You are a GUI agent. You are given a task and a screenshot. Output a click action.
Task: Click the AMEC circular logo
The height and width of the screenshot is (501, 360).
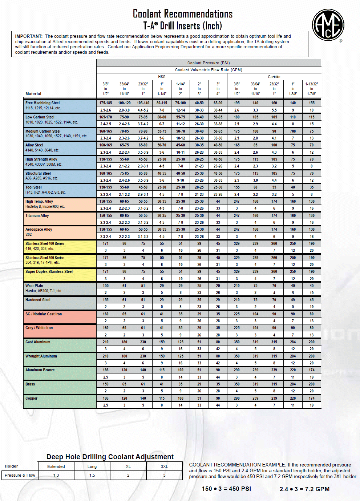point(328,25)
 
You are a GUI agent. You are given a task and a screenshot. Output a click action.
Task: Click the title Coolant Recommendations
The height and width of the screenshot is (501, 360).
point(182,14)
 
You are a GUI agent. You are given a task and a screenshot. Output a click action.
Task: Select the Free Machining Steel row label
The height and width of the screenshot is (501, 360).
point(43,103)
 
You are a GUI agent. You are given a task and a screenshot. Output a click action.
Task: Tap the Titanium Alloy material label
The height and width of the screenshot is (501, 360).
point(37,216)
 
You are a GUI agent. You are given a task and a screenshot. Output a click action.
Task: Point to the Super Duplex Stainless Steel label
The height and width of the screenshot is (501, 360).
point(49,272)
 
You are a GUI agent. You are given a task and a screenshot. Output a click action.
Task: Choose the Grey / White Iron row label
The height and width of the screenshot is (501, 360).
point(39,328)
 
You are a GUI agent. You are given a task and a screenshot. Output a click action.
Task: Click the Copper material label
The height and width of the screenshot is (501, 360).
point(31,399)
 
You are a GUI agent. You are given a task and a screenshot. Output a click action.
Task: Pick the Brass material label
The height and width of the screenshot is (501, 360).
point(30,384)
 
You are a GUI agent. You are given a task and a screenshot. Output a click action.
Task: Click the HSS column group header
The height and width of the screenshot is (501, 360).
point(162,77)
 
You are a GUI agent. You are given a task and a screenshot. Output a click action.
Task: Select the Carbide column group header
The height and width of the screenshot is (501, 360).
point(274,77)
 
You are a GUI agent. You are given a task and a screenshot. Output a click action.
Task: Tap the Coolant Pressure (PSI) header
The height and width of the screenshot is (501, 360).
point(209,63)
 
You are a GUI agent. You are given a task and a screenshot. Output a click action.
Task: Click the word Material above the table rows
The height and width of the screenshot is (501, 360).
point(33,94)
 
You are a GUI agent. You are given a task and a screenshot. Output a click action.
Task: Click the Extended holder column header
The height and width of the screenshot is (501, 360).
point(56,466)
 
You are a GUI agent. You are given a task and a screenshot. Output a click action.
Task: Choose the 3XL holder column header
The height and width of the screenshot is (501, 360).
point(164,466)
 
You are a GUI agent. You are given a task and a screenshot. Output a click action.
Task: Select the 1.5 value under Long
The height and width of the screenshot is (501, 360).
point(92,475)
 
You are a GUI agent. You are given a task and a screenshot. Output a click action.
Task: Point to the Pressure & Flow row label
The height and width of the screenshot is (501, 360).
point(20,475)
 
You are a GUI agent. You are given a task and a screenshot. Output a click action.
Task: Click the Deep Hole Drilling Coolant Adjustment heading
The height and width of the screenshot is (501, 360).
point(110,457)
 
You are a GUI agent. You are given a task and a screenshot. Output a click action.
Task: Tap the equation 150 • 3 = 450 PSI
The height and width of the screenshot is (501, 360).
point(226,489)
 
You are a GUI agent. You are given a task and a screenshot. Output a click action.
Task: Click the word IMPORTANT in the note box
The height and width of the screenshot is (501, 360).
point(29,36)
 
